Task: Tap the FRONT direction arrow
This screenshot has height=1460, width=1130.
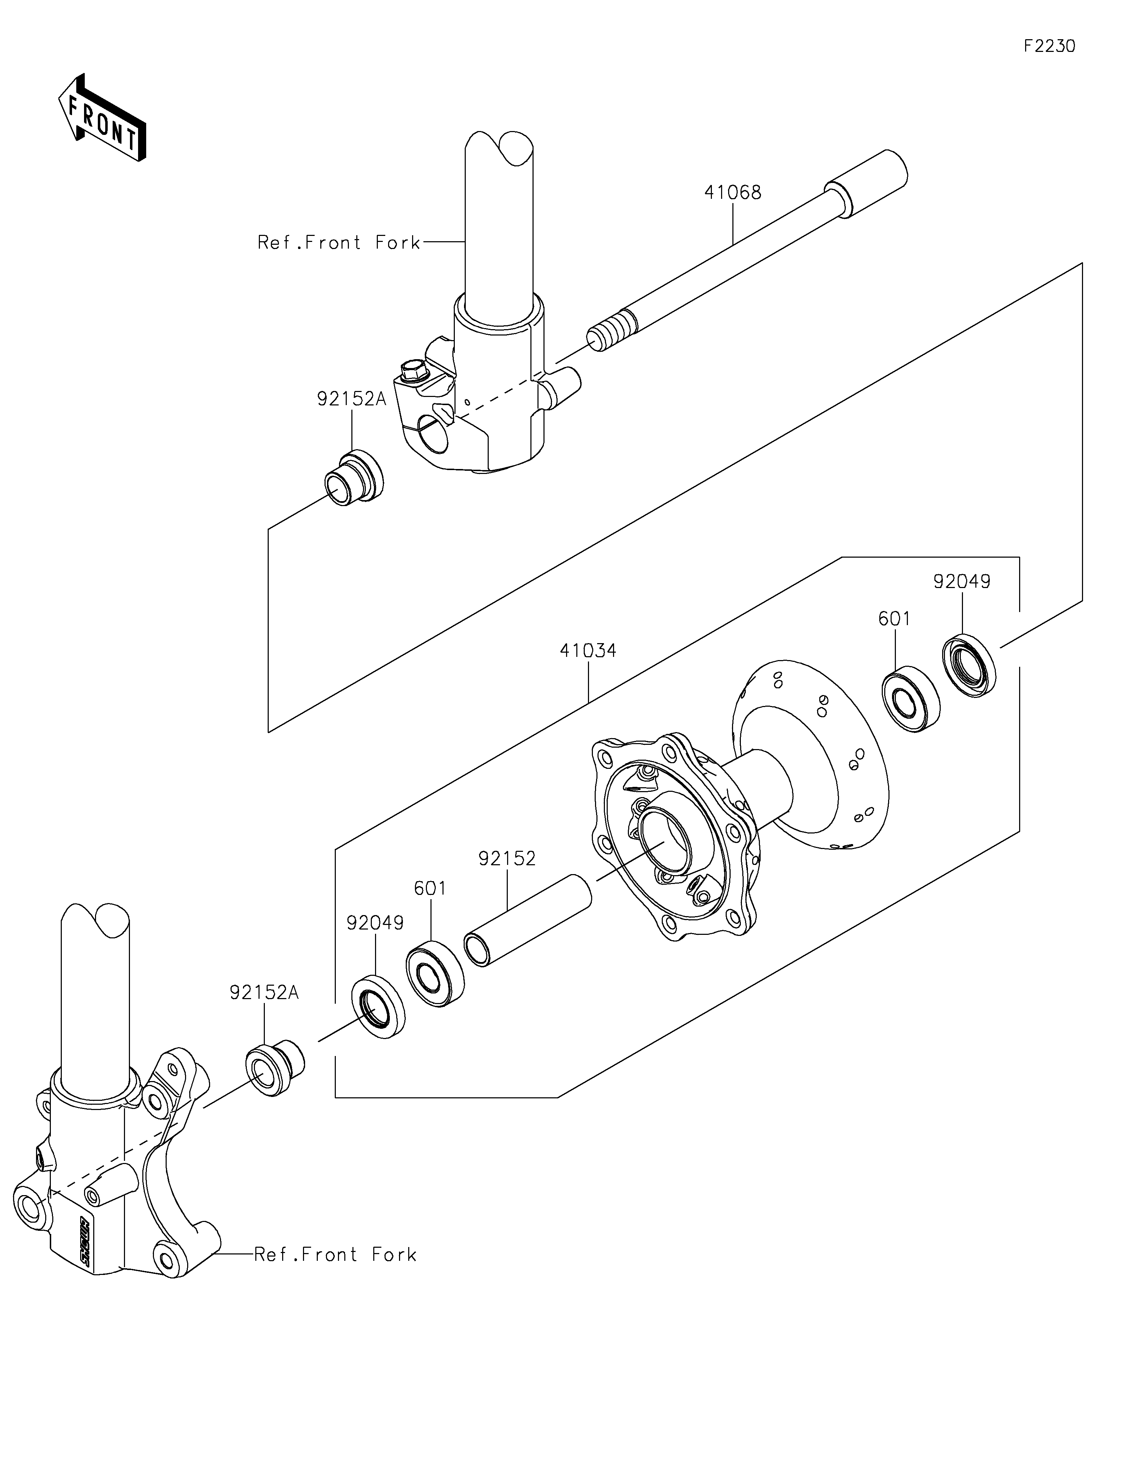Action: click(x=102, y=118)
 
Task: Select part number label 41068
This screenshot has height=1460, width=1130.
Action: click(x=732, y=192)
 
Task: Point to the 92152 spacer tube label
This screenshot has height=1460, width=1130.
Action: click(x=506, y=858)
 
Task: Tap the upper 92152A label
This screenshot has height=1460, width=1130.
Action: click(x=351, y=399)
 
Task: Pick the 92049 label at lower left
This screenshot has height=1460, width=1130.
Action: click(x=375, y=923)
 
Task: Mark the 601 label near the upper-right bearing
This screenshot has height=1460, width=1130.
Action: click(x=894, y=619)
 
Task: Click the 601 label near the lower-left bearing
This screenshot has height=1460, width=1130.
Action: click(x=430, y=889)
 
